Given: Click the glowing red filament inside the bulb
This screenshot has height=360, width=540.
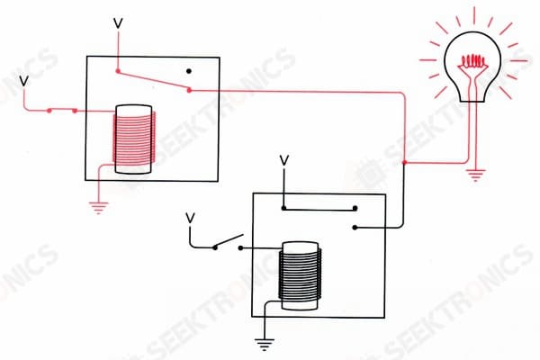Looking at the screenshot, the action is (x=474, y=61).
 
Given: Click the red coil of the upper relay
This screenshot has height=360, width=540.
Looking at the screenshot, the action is (x=134, y=138).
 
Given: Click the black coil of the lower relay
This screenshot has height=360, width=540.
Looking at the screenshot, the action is (x=300, y=274).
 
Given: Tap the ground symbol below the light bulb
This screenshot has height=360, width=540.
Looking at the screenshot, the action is (x=476, y=175).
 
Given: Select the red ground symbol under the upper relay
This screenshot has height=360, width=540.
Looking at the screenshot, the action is (x=98, y=208).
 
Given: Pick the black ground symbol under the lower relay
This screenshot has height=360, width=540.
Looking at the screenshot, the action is (x=265, y=345).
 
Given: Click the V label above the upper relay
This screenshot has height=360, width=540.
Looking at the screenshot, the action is (x=118, y=23).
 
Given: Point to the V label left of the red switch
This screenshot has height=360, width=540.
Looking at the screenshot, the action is (x=23, y=81).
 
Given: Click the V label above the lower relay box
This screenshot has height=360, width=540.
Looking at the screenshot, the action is (x=284, y=160).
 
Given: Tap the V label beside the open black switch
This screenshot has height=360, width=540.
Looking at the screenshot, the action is (x=190, y=218).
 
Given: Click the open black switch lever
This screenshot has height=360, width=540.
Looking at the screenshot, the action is (x=229, y=241).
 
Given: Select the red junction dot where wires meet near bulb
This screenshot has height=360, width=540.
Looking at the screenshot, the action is (x=405, y=162).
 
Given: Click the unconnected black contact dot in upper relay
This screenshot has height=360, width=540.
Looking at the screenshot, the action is (x=189, y=71).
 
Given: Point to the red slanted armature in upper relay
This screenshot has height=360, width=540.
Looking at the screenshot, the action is (x=153, y=81).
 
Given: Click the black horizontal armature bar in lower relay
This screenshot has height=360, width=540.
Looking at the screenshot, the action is (x=319, y=209).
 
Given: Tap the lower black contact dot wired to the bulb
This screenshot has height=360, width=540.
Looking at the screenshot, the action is (x=355, y=228).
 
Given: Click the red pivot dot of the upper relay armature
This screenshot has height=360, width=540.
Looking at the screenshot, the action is (x=118, y=71).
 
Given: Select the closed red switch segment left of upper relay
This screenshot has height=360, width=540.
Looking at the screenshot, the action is (x=62, y=111).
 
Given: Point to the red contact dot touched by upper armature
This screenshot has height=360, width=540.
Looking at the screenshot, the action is (x=189, y=90).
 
